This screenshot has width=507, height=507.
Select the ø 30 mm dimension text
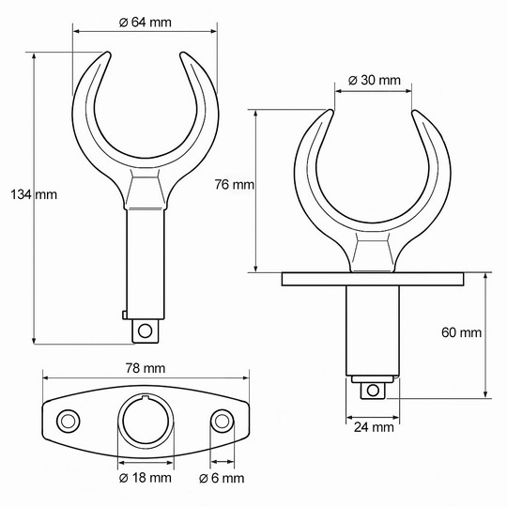point(374,81)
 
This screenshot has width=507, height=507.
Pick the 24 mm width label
point(374,428)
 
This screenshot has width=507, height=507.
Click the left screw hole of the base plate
point(68,419)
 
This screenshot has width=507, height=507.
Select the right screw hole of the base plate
point(222,419)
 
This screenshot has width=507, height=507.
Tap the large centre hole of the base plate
point(145,419)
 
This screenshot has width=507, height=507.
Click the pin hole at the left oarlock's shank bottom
point(144,330)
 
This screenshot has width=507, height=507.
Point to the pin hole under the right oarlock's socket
point(374,388)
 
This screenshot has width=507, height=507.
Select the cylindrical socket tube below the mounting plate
point(374,329)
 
